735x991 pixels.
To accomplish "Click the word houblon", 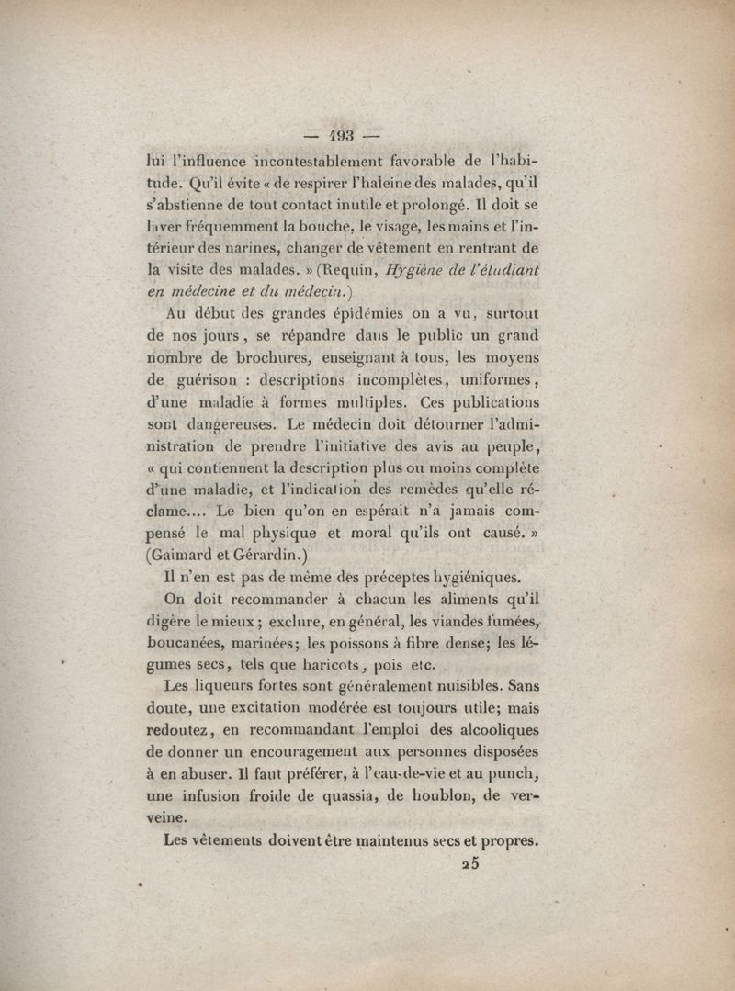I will [426, 797].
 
